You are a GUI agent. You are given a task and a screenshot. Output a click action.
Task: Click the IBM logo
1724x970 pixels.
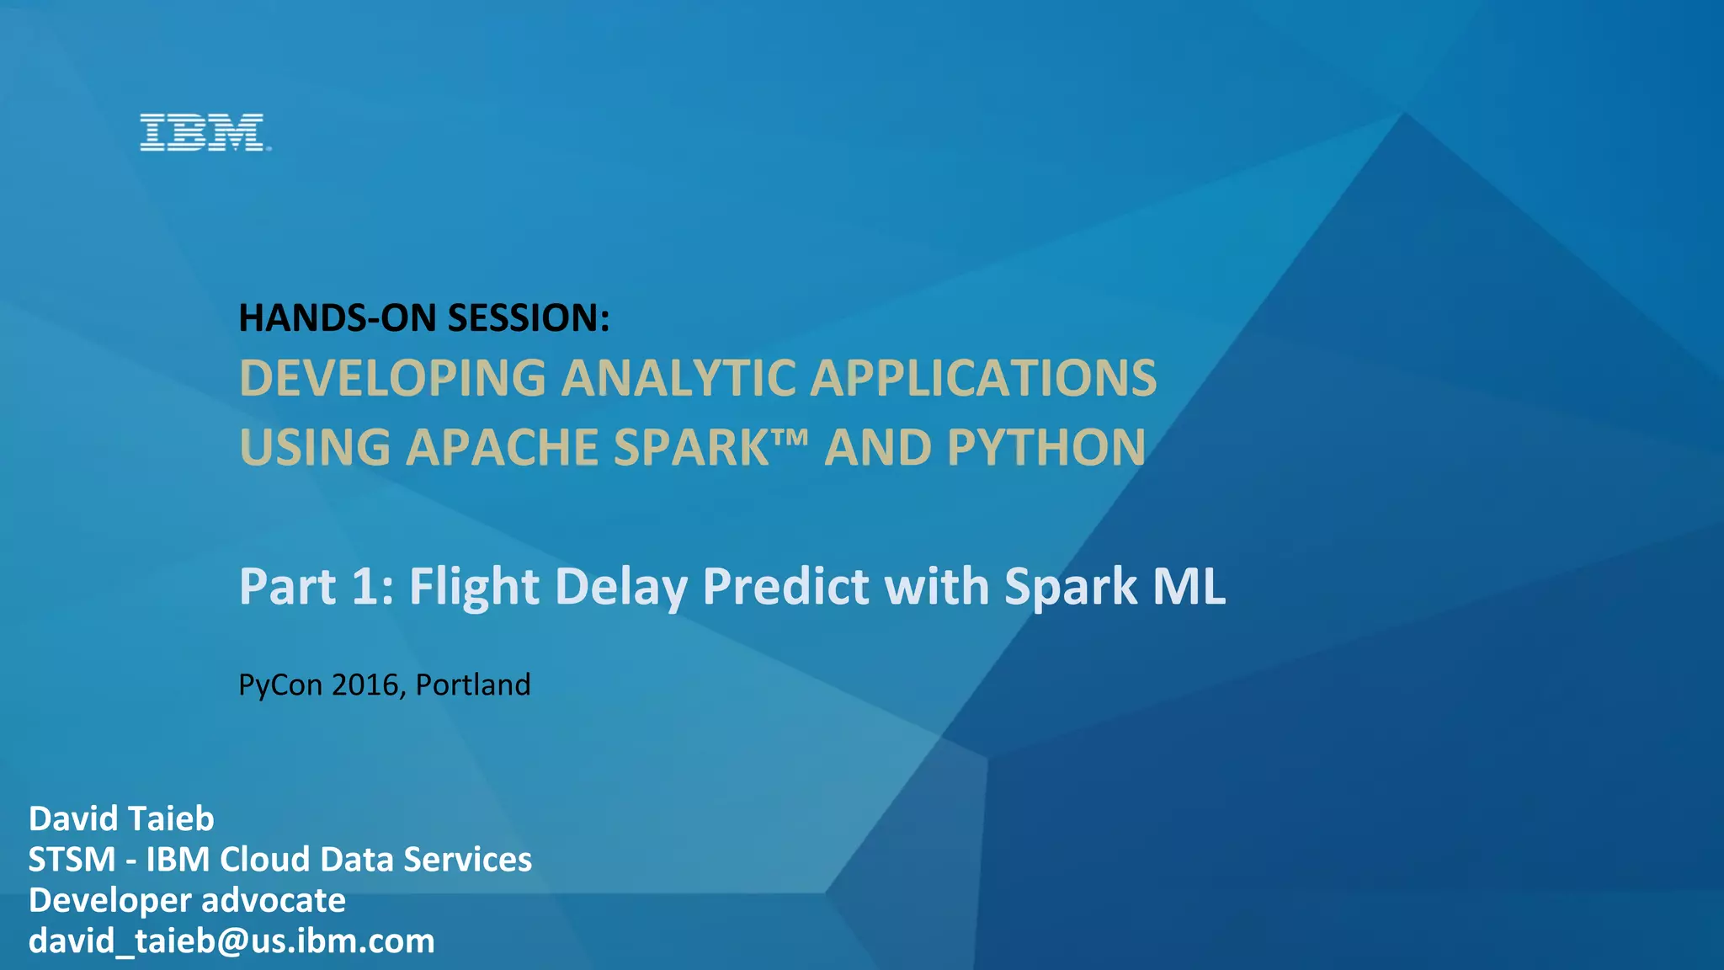(203, 133)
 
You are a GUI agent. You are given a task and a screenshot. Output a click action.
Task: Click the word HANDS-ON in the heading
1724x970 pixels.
(338, 318)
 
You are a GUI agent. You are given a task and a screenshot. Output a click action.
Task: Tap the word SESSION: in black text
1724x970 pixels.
(528, 318)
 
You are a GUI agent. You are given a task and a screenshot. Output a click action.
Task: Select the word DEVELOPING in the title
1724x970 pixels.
(392, 378)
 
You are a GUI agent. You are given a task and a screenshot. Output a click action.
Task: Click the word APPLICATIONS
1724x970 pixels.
(982, 378)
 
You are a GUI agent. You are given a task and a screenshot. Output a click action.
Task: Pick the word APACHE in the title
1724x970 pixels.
(502, 447)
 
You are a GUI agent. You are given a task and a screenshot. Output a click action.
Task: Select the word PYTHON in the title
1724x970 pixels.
(1046, 447)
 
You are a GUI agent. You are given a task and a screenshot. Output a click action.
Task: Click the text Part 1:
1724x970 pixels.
(317, 586)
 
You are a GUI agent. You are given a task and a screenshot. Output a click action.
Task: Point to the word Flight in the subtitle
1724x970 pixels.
(474, 587)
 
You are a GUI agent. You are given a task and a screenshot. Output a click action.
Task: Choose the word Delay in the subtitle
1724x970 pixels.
(621, 587)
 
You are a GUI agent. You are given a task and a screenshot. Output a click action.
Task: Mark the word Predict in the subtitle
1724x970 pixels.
(785, 586)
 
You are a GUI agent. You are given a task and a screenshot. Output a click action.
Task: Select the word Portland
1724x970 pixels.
(473, 685)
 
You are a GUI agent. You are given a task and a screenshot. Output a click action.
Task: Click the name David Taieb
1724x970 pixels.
(121, 818)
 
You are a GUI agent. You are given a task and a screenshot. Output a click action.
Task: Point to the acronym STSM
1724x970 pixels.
(72, 860)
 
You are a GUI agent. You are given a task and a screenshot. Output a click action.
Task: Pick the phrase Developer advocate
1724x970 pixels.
(187, 900)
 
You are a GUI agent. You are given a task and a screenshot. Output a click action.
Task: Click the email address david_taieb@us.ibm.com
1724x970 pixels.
(231, 941)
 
